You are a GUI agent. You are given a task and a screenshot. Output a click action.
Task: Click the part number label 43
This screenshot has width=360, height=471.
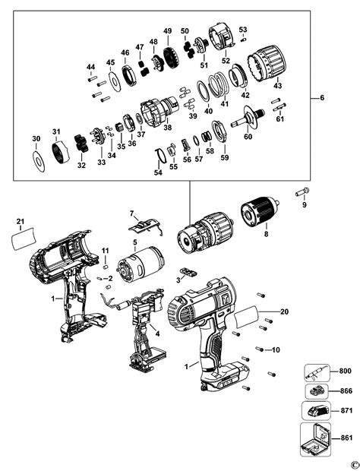click(277, 86)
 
